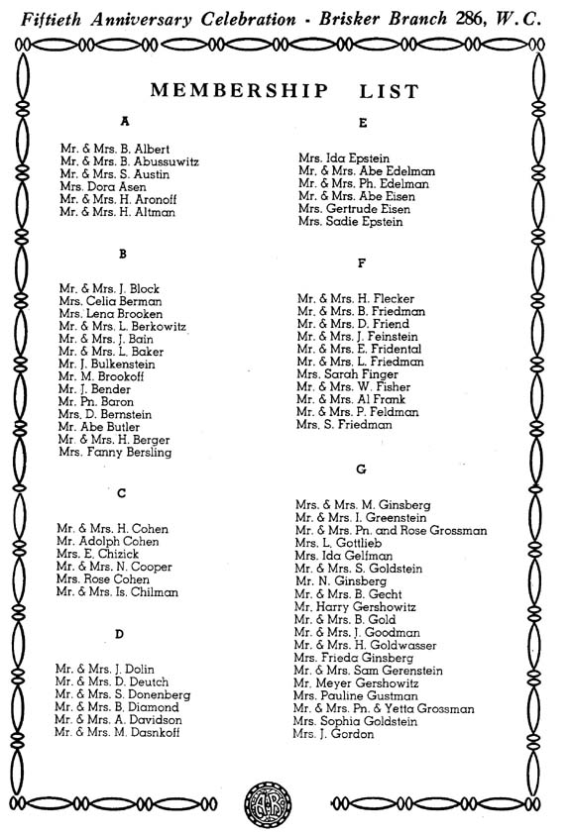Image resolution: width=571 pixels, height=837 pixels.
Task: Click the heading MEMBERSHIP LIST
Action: point(285,92)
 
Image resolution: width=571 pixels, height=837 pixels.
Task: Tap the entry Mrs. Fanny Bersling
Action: point(114,453)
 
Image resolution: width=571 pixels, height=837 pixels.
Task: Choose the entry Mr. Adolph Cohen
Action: point(106,542)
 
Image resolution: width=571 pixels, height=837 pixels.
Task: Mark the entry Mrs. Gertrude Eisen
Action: point(350,210)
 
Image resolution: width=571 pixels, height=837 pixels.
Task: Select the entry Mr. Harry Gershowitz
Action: point(354,607)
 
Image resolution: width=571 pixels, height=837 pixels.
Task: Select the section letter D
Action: point(119,634)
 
